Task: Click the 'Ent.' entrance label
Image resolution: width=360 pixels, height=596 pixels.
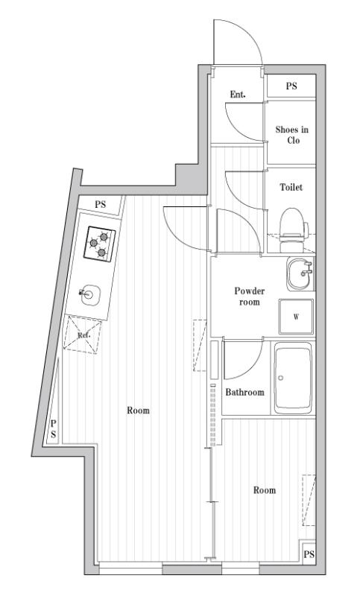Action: [x=238, y=94]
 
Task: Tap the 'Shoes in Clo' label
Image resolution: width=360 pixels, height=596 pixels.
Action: [x=291, y=135]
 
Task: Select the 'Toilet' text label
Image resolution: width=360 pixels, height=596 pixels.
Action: [x=291, y=188]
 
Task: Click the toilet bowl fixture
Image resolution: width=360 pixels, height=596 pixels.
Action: [x=291, y=223]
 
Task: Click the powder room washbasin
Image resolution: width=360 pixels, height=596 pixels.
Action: [x=300, y=273]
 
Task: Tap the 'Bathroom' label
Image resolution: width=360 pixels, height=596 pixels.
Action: [x=245, y=391]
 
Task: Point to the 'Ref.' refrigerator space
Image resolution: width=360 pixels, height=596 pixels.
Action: [x=84, y=335]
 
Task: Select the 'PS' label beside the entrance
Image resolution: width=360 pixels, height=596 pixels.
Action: [x=291, y=86]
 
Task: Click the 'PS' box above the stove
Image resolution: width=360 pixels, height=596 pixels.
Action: [x=100, y=203]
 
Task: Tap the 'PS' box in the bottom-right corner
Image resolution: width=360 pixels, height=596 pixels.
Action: [x=309, y=554]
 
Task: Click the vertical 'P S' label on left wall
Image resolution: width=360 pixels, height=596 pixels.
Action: [x=53, y=431]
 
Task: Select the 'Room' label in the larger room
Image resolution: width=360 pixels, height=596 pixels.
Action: [x=138, y=410]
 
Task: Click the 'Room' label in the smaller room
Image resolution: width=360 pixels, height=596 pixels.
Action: [x=264, y=490]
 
